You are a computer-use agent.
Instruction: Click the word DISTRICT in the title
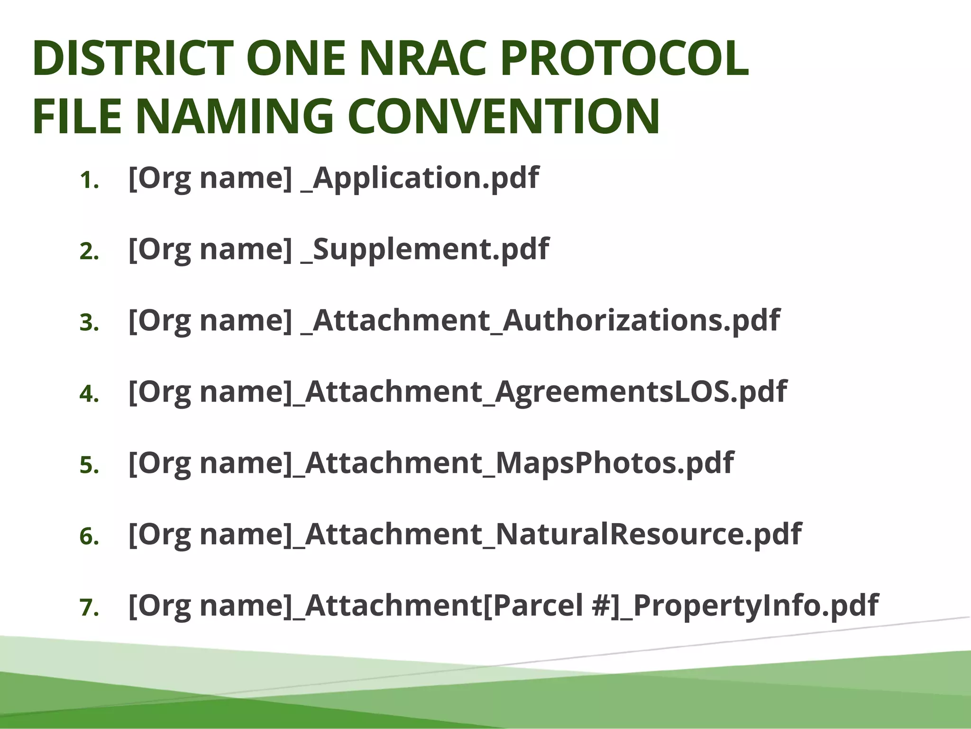pyautogui.click(x=133, y=58)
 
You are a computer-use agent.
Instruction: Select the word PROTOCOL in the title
pyautogui.click(x=624, y=58)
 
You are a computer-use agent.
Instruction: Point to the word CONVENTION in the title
pyautogui.click(x=504, y=116)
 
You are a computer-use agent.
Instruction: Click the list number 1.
pyautogui.click(x=89, y=181)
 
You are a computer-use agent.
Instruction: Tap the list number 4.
pyautogui.click(x=89, y=394)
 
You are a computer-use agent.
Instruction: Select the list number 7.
pyautogui.click(x=89, y=608)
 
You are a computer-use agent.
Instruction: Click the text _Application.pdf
pyautogui.click(x=420, y=178)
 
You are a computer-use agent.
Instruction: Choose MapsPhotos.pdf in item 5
pyautogui.click(x=614, y=463)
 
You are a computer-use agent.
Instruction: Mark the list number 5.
pyautogui.click(x=89, y=466)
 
